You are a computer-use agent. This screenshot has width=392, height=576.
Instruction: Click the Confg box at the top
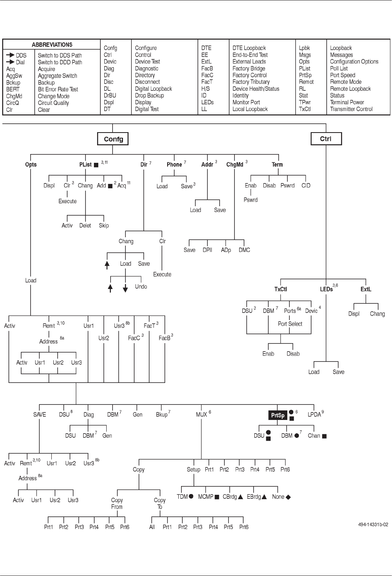[x=113, y=139]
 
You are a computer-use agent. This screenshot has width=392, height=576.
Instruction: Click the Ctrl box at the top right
[x=326, y=139]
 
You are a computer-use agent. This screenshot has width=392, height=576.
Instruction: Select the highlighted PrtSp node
[x=278, y=415]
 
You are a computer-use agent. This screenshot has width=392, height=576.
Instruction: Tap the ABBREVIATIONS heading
[x=52, y=45]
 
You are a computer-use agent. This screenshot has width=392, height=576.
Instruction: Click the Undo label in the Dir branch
[x=141, y=287]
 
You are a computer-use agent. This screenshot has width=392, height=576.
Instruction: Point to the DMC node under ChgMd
[x=244, y=250]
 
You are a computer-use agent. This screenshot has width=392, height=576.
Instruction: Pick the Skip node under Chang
[x=104, y=225]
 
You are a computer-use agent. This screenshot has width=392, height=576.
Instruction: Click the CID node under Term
[x=306, y=185]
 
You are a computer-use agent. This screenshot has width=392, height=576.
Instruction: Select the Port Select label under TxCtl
[x=290, y=324]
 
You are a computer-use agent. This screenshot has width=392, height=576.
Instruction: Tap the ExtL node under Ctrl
[x=366, y=289]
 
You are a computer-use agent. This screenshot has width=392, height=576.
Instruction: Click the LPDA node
[x=314, y=414]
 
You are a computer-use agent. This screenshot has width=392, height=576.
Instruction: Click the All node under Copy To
[x=152, y=527]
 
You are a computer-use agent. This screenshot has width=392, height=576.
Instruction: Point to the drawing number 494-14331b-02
[x=373, y=525]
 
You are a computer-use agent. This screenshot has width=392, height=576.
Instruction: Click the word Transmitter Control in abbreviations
[x=351, y=109]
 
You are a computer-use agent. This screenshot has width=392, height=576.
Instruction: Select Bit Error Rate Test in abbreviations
[x=58, y=89]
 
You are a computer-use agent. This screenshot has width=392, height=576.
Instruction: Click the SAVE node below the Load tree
[x=39, y=414]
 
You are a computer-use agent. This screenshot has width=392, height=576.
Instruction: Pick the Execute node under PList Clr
[x=68, y=201]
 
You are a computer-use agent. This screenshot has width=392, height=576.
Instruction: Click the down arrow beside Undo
[x=125, y=288]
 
